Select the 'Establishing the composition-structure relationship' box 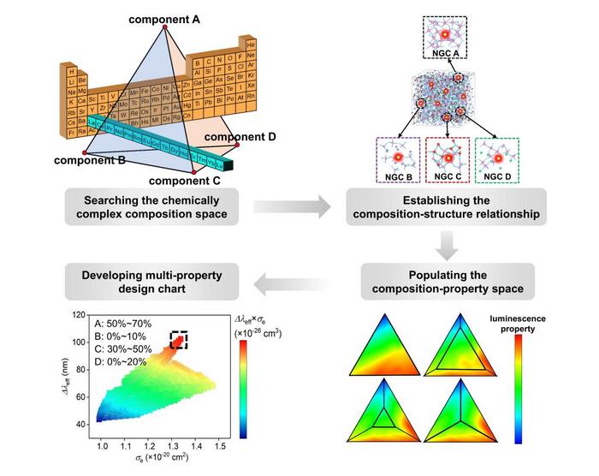point(449,206)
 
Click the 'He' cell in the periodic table point(251,42)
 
